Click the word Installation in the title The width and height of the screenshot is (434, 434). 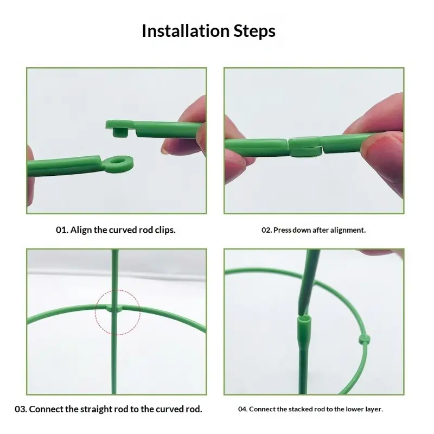tap(186, 31)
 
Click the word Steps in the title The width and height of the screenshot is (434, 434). tap(254, 31)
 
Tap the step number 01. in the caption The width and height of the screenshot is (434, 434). tap(62, 230)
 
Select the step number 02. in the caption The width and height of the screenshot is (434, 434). tap(267, 230)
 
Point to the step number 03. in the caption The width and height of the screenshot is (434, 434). tap(21, 409)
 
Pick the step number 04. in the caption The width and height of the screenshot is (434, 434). tap(242, 409)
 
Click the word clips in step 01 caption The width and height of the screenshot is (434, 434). tap(165, 230)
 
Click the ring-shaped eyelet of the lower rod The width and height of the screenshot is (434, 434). tap(118, 163)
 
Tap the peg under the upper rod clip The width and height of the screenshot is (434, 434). tap(120, 132)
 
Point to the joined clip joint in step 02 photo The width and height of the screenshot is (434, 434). tap(305, 147)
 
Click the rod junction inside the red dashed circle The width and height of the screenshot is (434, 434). tap(114, 308)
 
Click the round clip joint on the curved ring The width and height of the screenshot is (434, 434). tap(364, 339)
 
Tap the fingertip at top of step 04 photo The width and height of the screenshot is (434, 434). tap(379, 252)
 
